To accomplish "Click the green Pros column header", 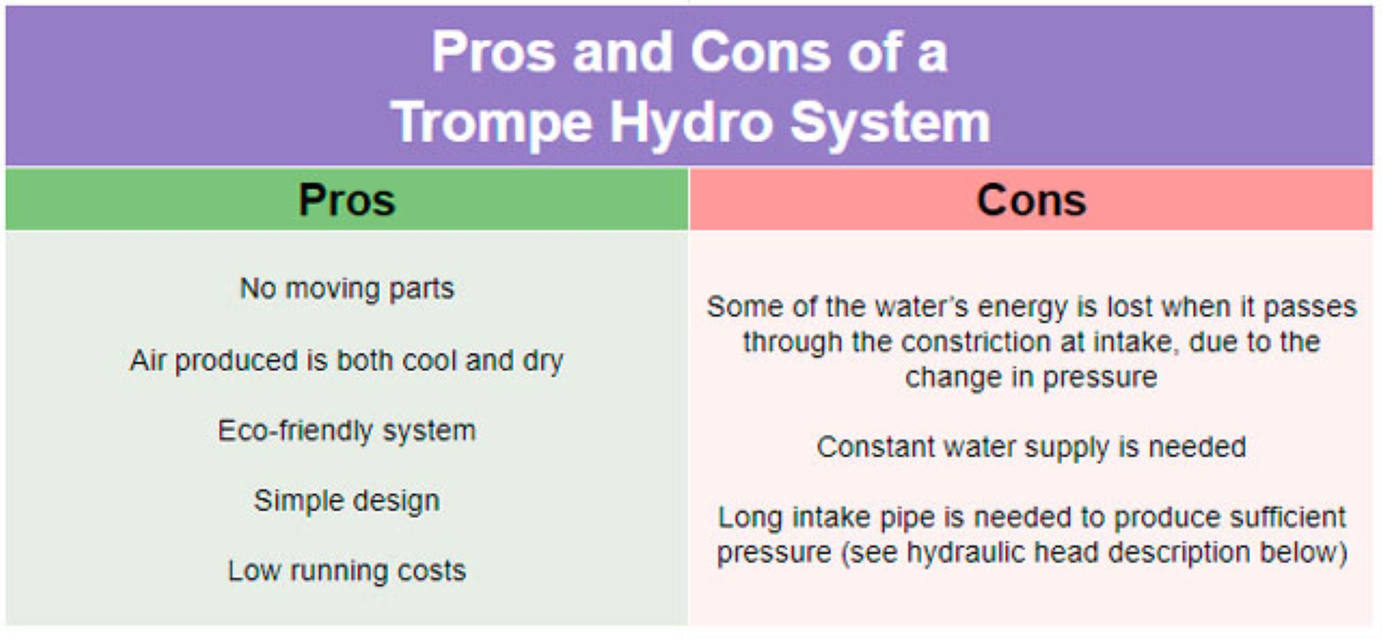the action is [347, 199].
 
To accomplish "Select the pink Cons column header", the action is [1031, 199].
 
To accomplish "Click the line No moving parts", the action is [347, 289].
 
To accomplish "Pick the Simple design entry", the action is [347, 502].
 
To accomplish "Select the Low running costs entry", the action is [347, 571].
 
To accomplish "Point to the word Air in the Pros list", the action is [147, 361].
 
